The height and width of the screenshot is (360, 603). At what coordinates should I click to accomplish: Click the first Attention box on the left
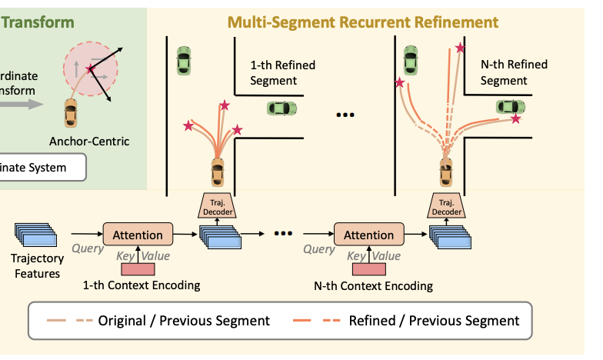[x=138, y=235]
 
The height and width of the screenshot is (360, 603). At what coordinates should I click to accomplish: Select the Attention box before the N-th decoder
[x=368, y=235]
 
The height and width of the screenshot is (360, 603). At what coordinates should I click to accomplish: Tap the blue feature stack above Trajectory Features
[x=35, y=234]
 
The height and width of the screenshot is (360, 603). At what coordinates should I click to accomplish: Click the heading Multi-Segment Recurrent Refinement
[x=362, y=22]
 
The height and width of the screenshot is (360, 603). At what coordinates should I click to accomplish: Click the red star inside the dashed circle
[x=92, y=70]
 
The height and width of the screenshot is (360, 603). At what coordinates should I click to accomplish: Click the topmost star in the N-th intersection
[x=460, y=48]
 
